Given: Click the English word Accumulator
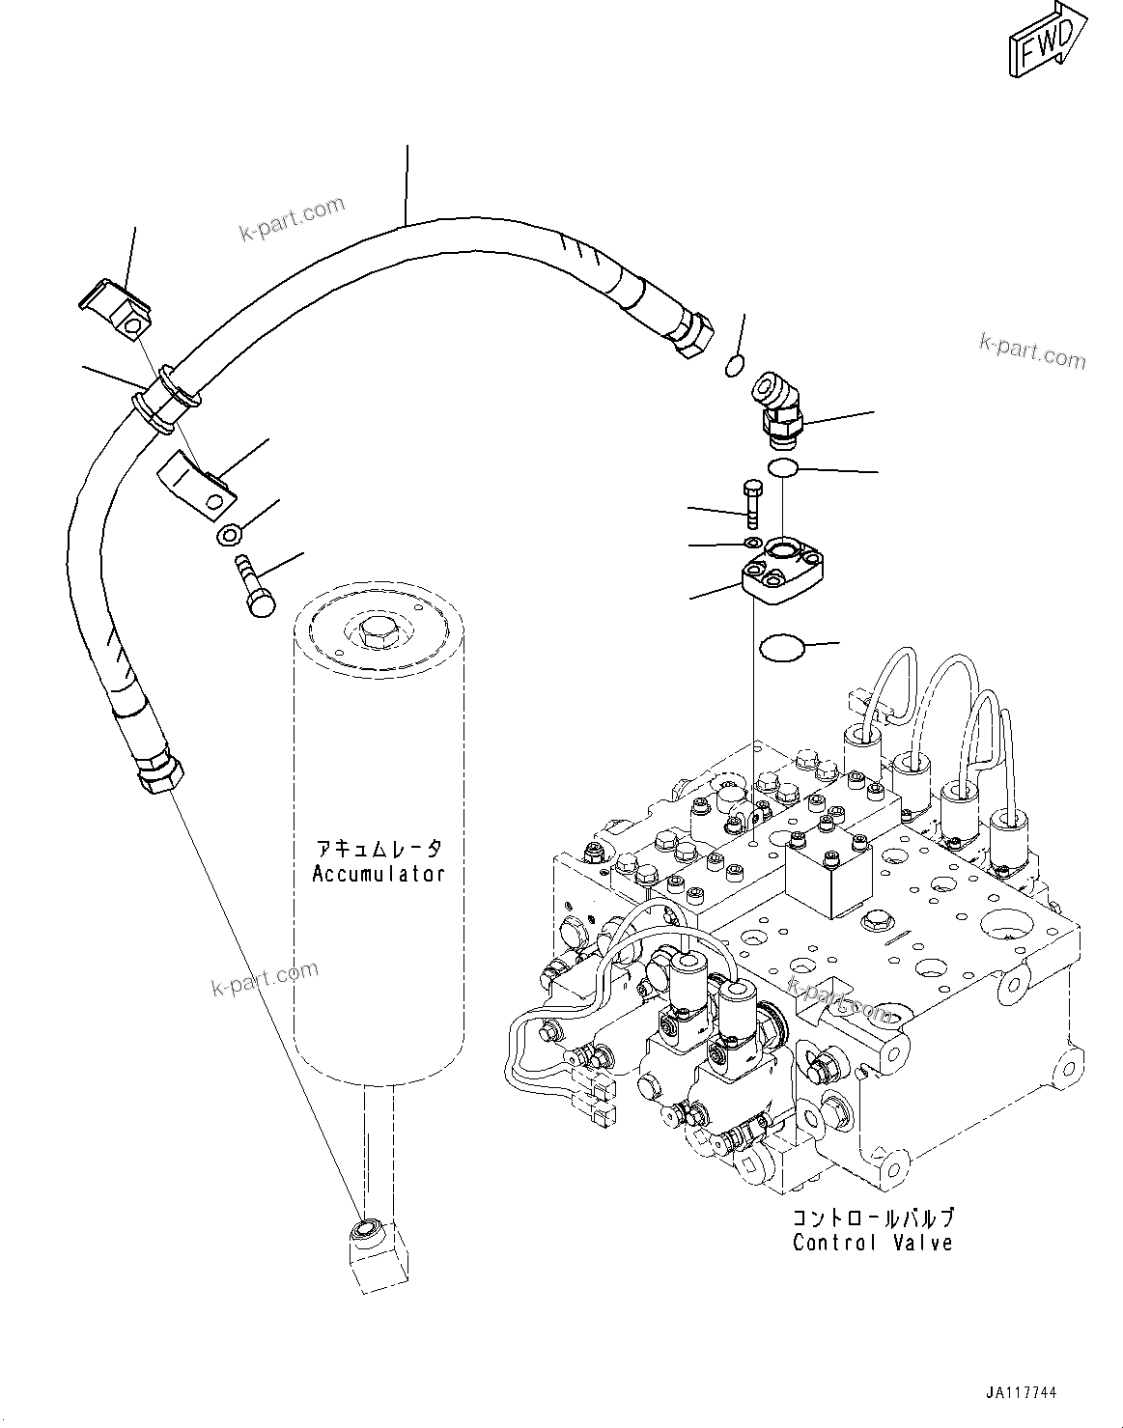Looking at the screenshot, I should point(379,874).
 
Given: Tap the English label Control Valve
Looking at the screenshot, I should point(872,1242).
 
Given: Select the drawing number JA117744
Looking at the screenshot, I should point(1023,1393).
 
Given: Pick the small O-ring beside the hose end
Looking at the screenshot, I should point(734,365).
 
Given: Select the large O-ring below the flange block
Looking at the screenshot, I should point(782,648).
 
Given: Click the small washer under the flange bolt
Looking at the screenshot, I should point(754,545).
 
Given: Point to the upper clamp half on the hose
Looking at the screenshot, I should point(116,308).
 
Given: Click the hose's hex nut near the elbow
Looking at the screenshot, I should point(692,333).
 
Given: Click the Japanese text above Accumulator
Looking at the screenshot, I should point(379,849).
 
